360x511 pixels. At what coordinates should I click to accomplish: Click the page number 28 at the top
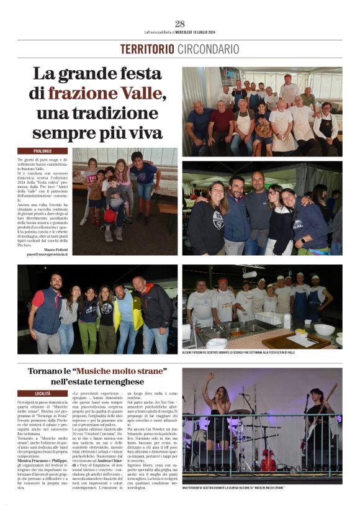coord(180,24)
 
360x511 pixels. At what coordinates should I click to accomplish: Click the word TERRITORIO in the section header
coord(147,49)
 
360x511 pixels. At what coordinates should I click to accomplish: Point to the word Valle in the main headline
coord(144,94)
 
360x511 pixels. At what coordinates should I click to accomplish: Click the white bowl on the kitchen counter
coord(324,329)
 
